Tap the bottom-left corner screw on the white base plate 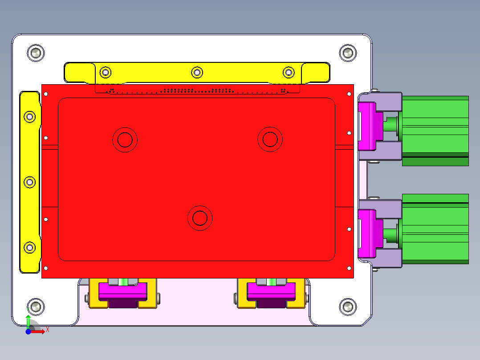point(36,307)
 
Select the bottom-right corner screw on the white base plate point(348,307)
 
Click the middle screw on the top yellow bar point(197,72)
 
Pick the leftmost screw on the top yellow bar point(106,72)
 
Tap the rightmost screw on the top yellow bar point(289,72)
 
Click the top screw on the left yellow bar point(30,117)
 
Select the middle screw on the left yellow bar point(30,182)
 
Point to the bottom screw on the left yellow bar point(30,247)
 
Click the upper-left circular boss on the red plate point(125,139)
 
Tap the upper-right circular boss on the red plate point(270,139)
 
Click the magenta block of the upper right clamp point(368,126)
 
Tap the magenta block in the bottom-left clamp point(123,291)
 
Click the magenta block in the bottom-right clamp point(271,291)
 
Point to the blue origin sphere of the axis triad point(28,332)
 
